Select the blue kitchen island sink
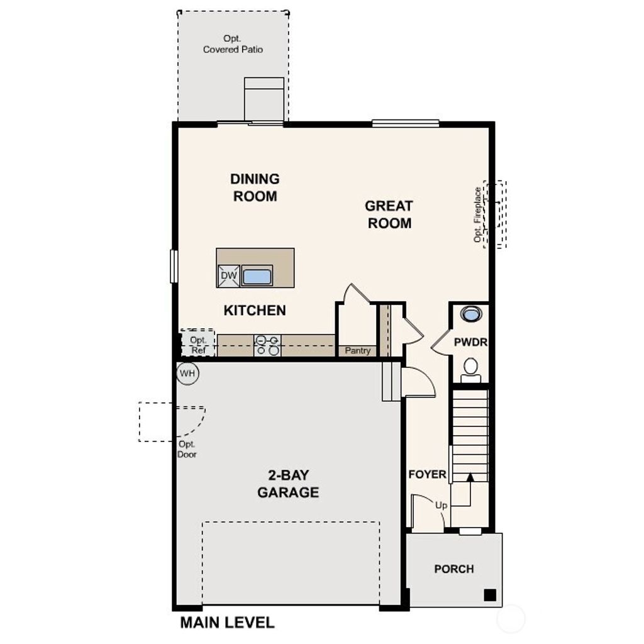(x=257, y=275)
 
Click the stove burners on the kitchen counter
(x=267, y=345)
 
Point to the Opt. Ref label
(x=198, y=345)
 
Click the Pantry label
(x=357, y=351)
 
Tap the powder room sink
(x=470, y=313)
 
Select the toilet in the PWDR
(x=470, y=369)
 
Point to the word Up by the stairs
(x=441, y=505)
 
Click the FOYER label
(x=427, y=474)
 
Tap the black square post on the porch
(x=489, y=594)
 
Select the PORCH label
(x=453, y=569)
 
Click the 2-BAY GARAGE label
(x=288, y=484)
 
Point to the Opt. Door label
(x=187, y=449)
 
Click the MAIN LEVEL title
(x=227, y=623)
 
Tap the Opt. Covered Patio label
(x=233, y=44)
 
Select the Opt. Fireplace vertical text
(x=479, y=214)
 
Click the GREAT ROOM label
(x=389, y=214)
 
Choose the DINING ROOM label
(x=255, y=187)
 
